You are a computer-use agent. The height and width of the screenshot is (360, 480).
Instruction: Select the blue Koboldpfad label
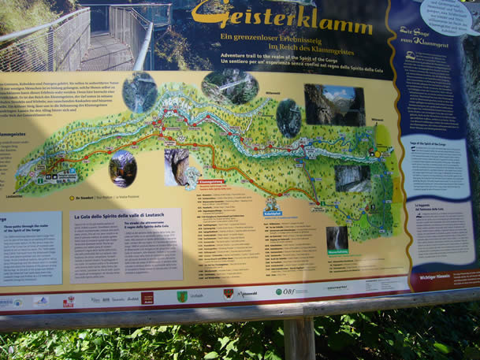[x=272, y=213]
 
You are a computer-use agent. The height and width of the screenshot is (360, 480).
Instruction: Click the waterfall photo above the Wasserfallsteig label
[x=337, y=237]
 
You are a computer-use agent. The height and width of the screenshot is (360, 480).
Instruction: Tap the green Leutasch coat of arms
[x=182, y=297]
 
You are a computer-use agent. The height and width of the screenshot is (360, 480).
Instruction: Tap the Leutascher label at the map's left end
[x=15, y=196]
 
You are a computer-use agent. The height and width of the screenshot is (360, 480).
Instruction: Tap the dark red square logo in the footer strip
[x=147, y=299]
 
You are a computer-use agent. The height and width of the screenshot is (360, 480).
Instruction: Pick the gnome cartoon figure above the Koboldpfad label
[x=272, y=202]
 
